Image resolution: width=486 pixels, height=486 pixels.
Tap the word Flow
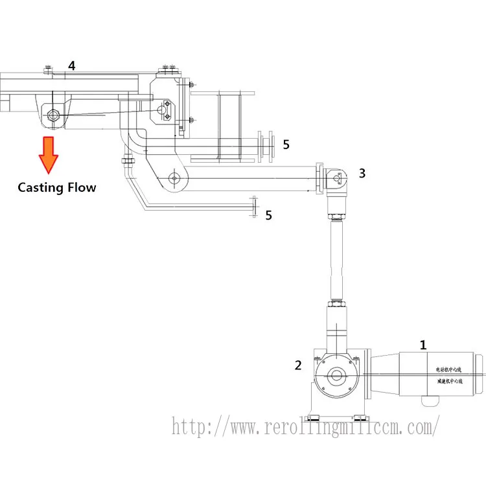(x=81, y=188)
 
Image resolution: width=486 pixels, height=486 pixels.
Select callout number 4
(x=72, y=65)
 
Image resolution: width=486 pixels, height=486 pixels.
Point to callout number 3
(x=362, y=173)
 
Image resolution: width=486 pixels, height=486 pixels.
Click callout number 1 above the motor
(x=423, y=345)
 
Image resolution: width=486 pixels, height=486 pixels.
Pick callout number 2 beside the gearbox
(x=298, y=365)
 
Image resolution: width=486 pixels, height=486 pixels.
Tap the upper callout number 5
(x=286, y=144)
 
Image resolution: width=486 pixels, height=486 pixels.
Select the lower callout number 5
(x=268, y=215)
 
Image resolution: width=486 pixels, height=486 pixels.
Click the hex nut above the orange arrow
(x=51, y=116)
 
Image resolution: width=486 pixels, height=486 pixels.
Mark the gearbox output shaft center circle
(x=336, y=375)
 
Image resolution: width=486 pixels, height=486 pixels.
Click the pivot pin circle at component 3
(x=336, y=176)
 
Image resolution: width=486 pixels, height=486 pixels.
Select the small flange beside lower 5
(x=253, y=207)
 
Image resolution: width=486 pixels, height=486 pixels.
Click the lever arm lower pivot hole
(x=173, y=178)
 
